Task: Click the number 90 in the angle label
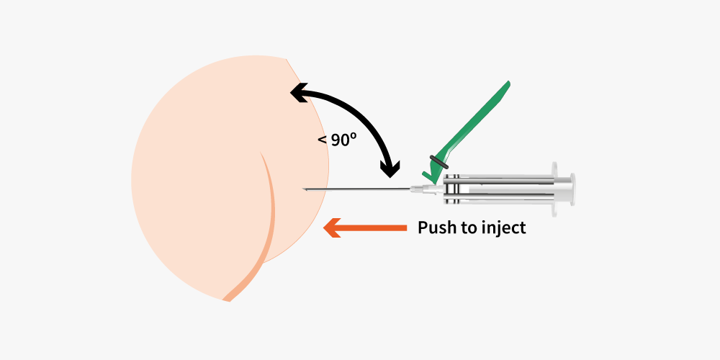coord(341,140)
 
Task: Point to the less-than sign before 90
coord(323,140)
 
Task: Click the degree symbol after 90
coord(354,137)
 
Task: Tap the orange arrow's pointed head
coord(332,228)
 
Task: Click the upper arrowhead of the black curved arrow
coord(299,93)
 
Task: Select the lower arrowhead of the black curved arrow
coord(391,169)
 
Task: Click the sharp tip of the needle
coord(303,188)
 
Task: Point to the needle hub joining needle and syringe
coord(422,189)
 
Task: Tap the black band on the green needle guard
coord(439,162)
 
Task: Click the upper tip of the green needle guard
coord(508,83)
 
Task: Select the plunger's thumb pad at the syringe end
coord(572,189)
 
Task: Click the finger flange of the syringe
coord(554,189)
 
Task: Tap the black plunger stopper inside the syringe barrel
coord(452,189)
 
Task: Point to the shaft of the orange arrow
coord(373,228)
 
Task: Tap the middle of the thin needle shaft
coord(356,189)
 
